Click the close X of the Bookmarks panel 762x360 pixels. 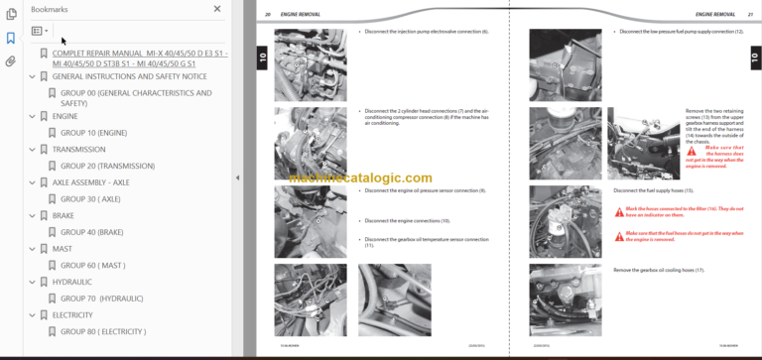[217, 9]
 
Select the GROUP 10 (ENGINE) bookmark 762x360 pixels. [93, 132]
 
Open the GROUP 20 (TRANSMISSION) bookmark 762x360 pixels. [107, 166]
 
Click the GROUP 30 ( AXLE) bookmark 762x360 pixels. [90, 198]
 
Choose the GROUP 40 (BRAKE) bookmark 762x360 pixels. [91, 232]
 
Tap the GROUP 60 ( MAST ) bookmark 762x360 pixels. [92, 265]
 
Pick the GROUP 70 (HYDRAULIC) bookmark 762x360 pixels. [101, 298]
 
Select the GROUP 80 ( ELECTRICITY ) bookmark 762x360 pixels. [103, 331]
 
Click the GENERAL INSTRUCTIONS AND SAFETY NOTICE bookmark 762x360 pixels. [129, 76]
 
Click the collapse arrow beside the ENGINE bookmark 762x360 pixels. [32, 116]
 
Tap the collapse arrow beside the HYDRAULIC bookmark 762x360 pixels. [32, 282]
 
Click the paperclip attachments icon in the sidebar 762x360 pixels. [10, 60]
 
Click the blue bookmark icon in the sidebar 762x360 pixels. [10, 38]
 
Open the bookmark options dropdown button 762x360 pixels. [40, 31]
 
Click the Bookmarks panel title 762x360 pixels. [50, 9]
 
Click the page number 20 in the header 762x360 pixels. [268, 15]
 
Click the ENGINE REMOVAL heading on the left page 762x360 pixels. [299, 15]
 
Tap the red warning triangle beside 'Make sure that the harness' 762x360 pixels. [691, 151]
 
